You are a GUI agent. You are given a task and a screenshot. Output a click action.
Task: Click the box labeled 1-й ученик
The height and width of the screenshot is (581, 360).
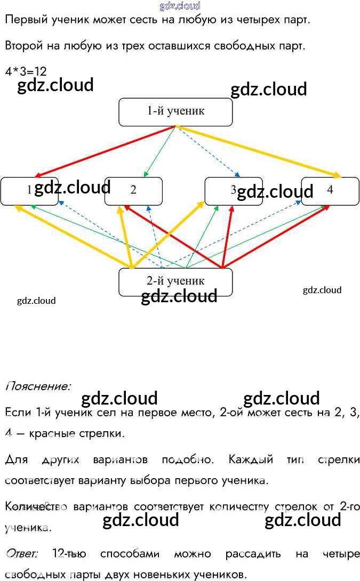coord(175,112)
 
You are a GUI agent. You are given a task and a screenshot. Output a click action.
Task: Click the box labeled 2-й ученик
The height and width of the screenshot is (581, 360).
coord(175,281)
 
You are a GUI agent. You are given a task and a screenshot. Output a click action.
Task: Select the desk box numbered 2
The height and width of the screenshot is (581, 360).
coord(133,190)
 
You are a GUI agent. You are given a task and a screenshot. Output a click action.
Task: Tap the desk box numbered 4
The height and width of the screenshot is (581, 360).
coord(330,190)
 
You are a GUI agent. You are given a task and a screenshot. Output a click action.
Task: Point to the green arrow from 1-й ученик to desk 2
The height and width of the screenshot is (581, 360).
coord(161,151)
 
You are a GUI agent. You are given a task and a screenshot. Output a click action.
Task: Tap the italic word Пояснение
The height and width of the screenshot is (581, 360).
coord(38,386)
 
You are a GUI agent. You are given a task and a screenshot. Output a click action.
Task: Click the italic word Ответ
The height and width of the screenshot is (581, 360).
coord(21,554)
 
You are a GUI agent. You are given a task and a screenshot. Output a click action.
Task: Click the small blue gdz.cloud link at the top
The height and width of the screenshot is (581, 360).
coord(180,6)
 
